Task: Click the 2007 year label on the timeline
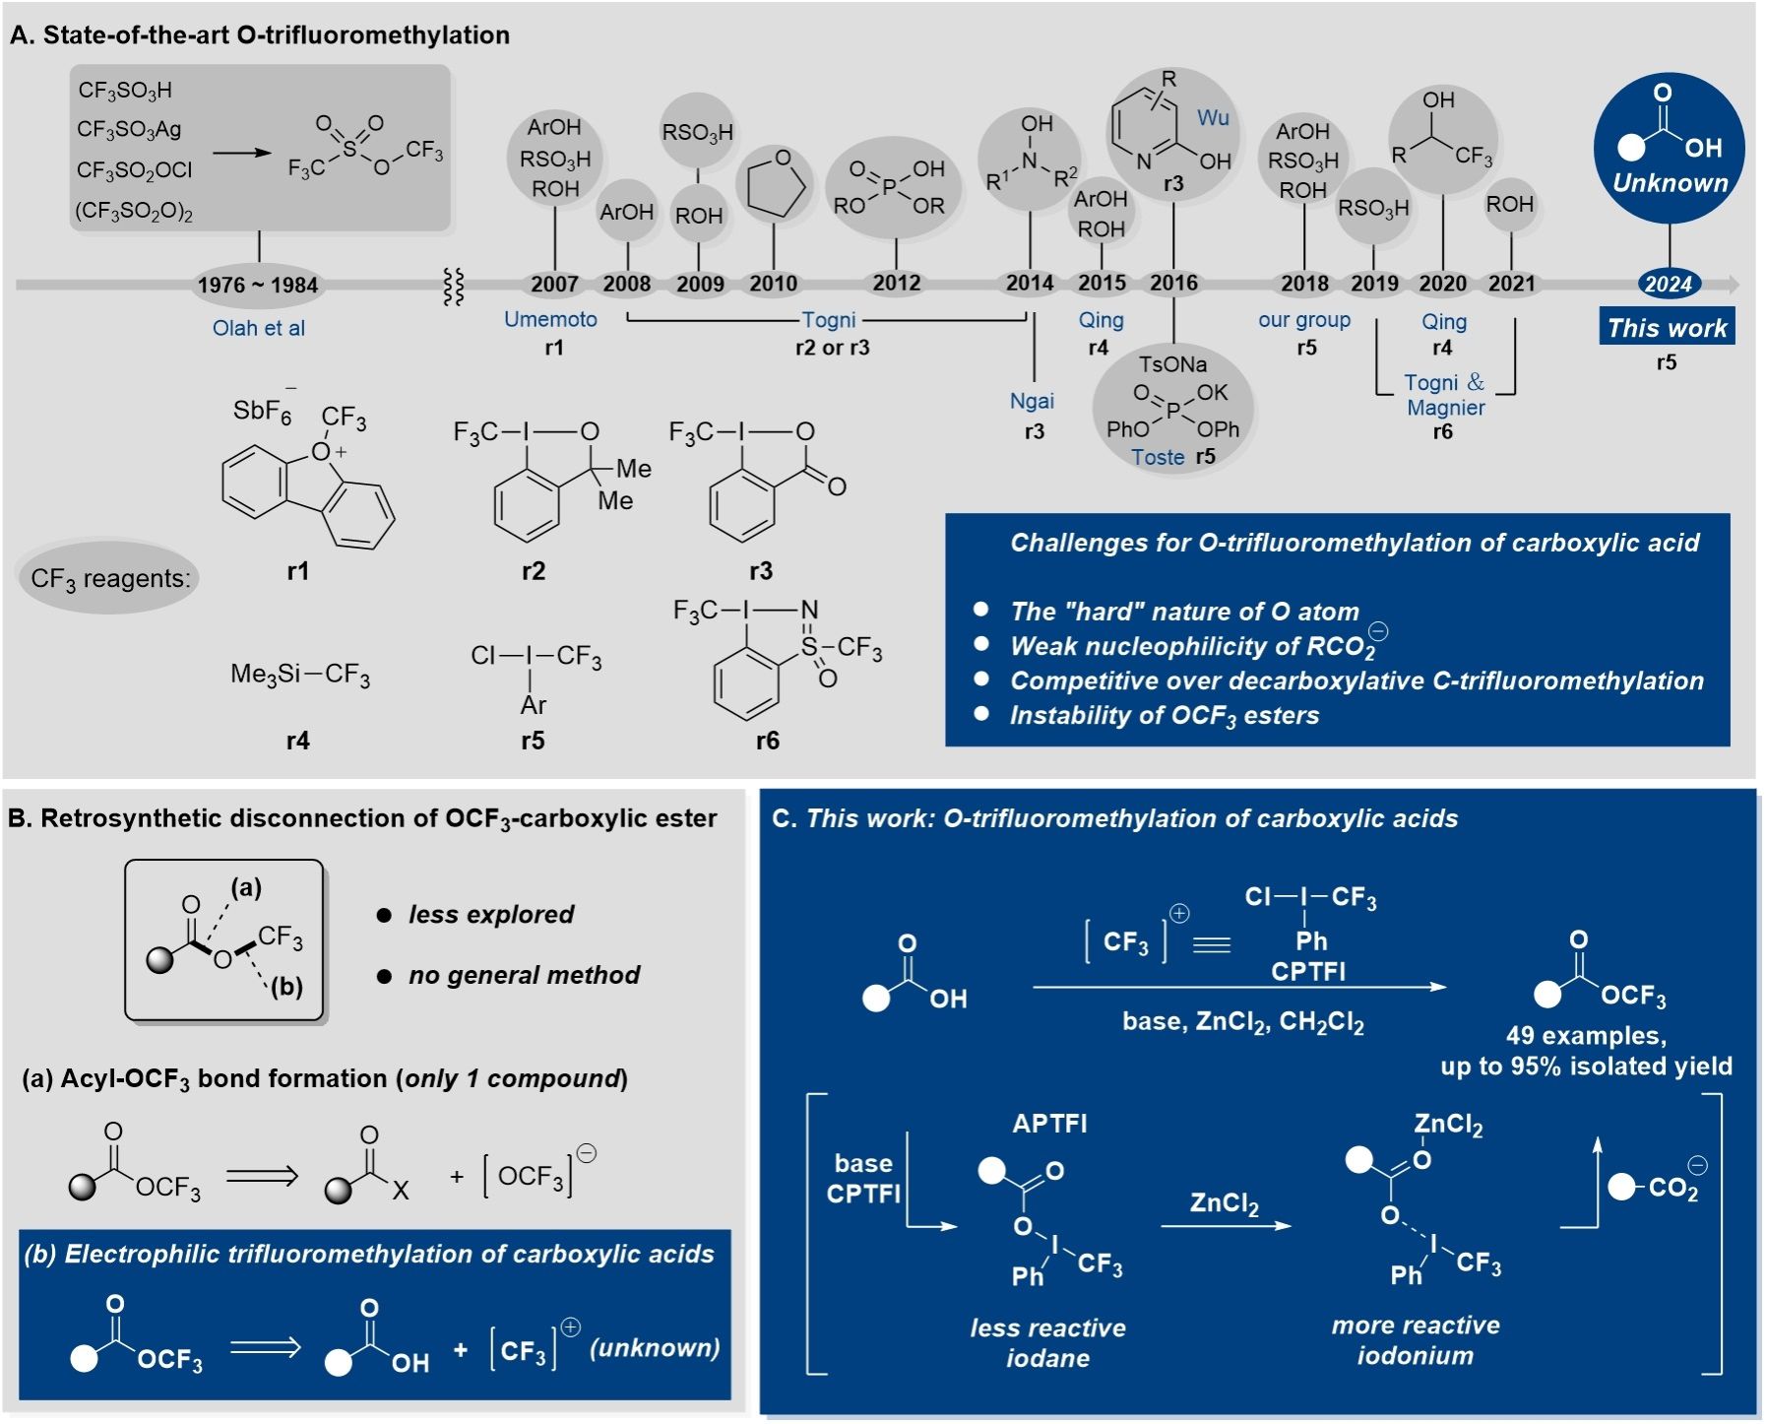click(x=554, y=285)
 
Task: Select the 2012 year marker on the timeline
click(x=896, y=284)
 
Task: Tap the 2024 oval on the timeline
click(x=1668, y=285)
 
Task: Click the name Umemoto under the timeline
click(x=550, y=319)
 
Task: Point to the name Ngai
click(x=1032, y=401)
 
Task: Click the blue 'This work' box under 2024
click(x=1667, y=328)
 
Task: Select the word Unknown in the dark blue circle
click(x=1670, y=183)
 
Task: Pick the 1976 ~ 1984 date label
click(x=258, y=286)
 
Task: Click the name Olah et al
click(x=259, y=329)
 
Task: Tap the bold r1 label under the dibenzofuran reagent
click(x=297, y=571)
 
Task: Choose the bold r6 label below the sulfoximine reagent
click(x=767, y=741)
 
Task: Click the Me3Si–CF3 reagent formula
click(x=300, y=675)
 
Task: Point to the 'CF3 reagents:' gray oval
click(x=109, y=578)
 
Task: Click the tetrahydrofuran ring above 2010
click(x=777, y=183)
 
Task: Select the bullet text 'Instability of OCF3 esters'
click(x=1164, y=716)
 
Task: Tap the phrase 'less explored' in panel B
click(x=491, y=915)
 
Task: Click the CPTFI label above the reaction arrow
click(x=1308, y=972)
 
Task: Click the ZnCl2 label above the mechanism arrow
click(x=1224, y=1203)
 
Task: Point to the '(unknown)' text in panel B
click(x=655, y=1348)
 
